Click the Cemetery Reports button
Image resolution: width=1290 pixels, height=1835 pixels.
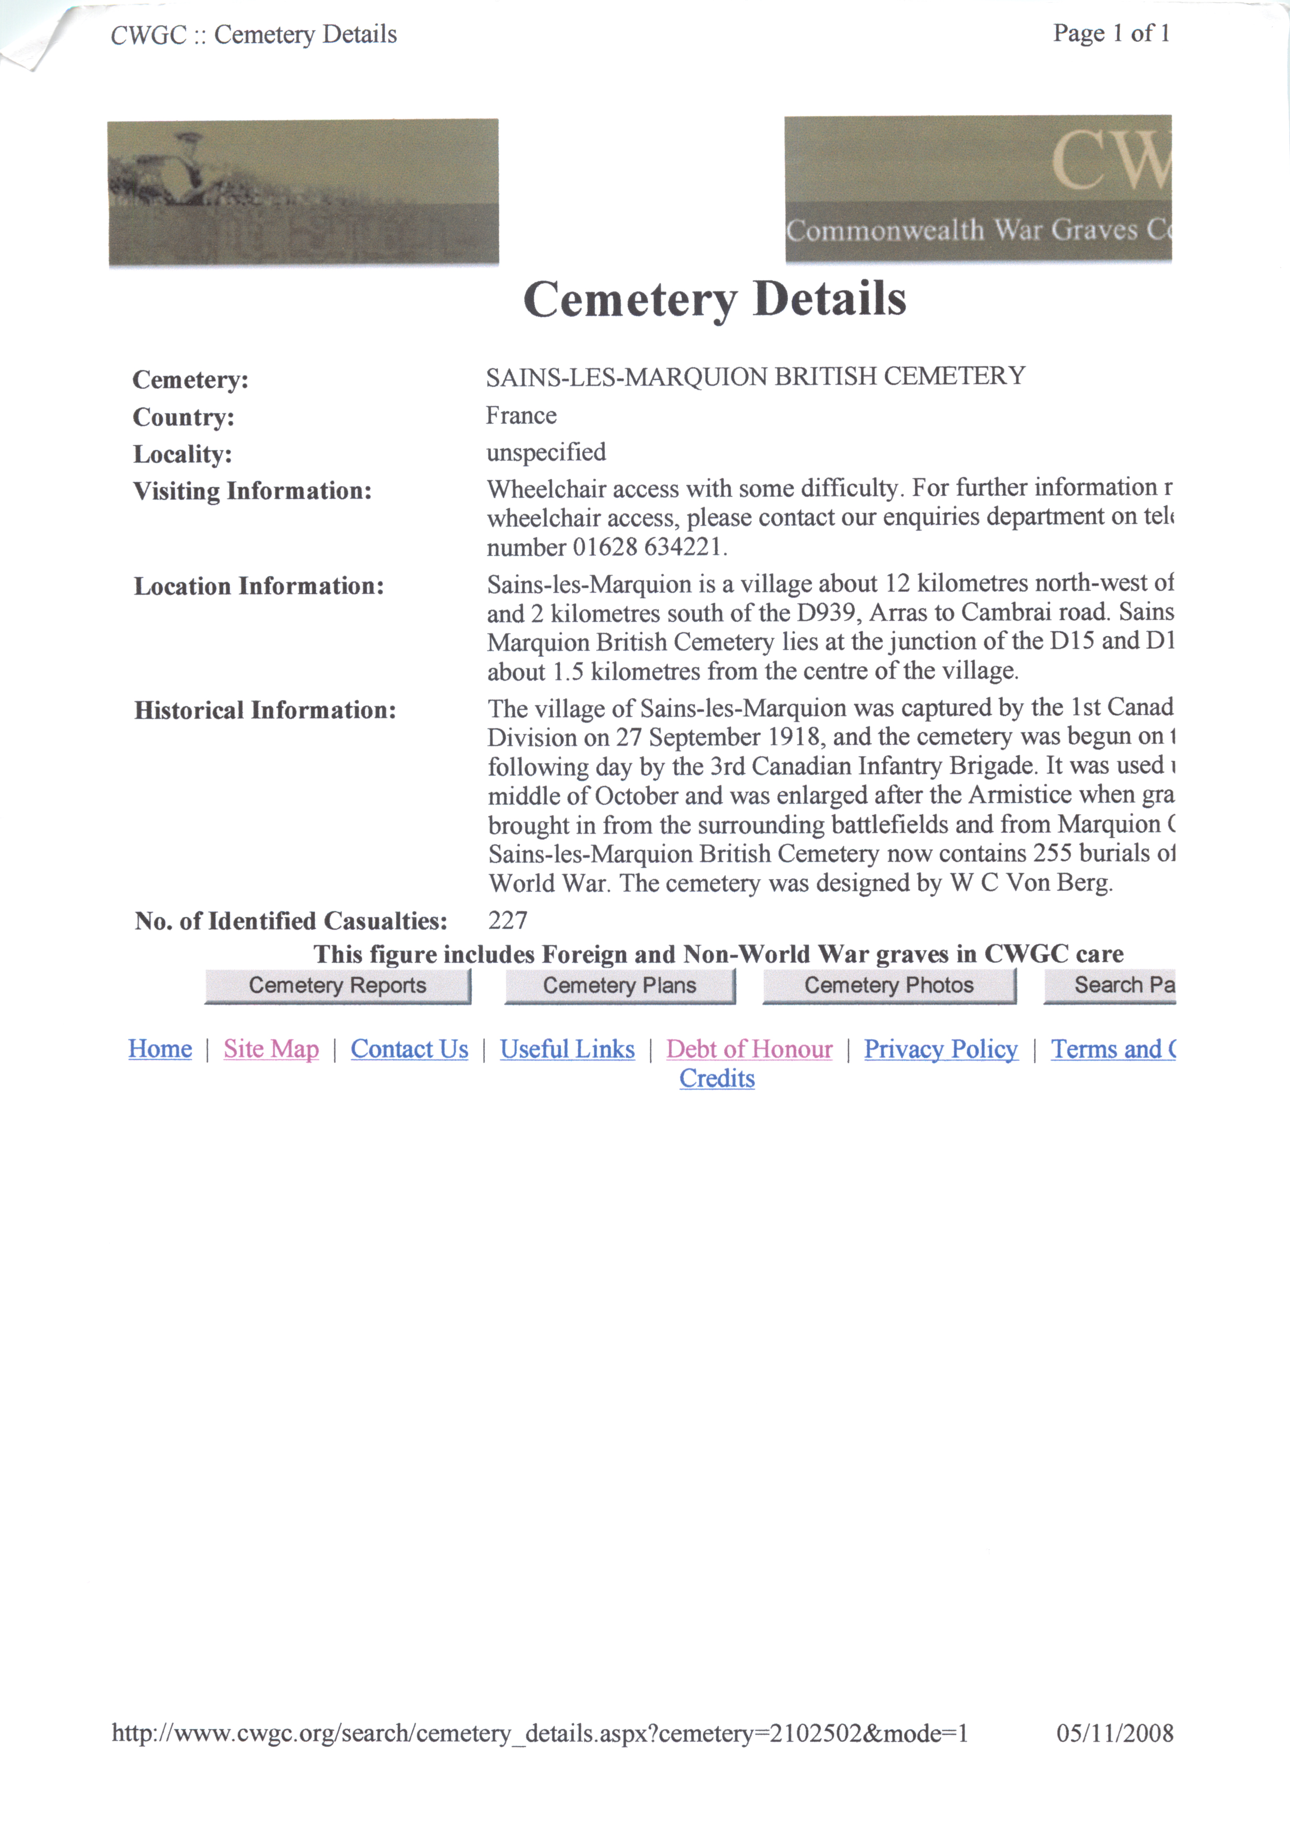337,985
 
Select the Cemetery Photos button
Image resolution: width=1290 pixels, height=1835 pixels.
889,985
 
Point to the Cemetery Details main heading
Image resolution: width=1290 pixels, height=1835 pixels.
714,300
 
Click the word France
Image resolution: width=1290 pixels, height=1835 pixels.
521,416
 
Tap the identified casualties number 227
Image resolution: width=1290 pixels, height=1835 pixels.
507,921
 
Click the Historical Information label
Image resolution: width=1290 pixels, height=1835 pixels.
265,711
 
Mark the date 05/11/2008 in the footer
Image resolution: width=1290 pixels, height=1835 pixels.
1114,1733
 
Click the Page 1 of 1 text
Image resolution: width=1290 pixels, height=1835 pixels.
1111,34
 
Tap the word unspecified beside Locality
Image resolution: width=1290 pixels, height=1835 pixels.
546,452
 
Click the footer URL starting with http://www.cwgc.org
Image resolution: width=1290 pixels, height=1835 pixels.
540,1733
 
